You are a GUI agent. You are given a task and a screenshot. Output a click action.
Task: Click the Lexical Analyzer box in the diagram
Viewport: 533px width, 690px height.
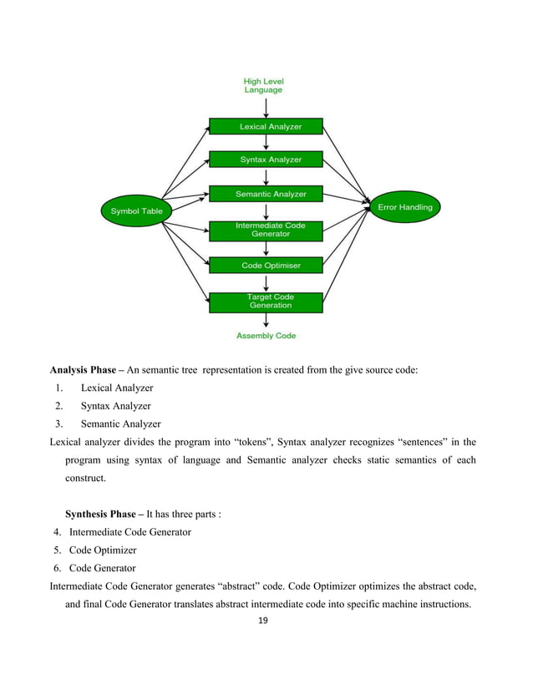(x=266, y=127)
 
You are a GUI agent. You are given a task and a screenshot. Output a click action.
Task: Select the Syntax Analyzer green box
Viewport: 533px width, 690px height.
(x=266, y=159)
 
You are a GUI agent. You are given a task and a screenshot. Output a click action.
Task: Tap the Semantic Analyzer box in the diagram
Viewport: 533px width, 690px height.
(x=266, y=194)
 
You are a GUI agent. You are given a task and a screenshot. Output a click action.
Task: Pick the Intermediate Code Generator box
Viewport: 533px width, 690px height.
(x=266, y=230)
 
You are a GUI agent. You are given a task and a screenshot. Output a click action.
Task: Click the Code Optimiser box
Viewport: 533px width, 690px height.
(x=266, y=266)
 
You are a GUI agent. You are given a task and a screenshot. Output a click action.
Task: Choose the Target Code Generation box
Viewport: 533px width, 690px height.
(x=266, y=302)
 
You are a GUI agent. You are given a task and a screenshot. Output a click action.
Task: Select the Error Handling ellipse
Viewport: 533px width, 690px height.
(x=400, y=206)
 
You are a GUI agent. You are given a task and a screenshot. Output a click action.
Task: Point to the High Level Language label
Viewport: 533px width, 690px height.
(x=263, y=85)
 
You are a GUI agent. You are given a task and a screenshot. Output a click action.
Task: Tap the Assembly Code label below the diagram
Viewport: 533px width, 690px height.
(x=266, y=336)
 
